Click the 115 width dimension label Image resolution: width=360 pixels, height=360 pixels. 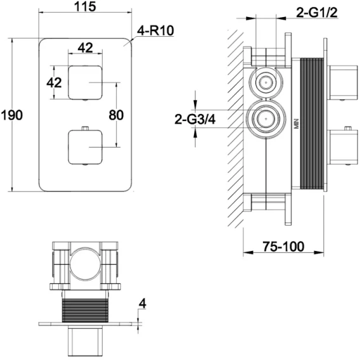click(85, 6)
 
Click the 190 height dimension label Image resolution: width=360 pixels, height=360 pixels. click(12, 115)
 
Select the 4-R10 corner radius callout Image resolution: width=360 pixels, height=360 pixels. click(155, 30)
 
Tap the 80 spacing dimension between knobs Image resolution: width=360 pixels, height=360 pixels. click(116, 115)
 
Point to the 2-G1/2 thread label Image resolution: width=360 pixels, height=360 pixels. click(317, 13)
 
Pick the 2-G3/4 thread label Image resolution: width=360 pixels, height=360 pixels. click(195, 119)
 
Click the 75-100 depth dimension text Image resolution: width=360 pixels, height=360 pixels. click(283, 247)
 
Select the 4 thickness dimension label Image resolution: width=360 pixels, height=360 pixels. click(143, 304)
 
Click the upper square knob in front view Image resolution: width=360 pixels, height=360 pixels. click(85, 82)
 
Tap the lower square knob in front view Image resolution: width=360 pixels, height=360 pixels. click(85, 147)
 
